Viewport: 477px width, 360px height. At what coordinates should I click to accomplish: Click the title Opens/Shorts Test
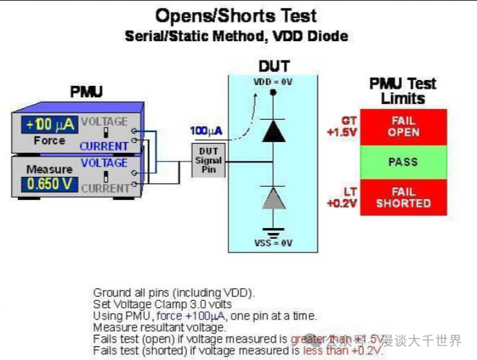point(236,15)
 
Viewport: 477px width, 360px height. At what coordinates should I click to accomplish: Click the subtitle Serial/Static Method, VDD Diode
point(236,35)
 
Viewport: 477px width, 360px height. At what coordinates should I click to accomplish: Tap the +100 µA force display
point(49,124)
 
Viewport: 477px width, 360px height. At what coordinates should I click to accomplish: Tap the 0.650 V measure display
point(49,183)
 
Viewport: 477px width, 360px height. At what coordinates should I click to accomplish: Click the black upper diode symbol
point(273,130)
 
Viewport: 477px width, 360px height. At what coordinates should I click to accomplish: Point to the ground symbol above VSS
point(273,233)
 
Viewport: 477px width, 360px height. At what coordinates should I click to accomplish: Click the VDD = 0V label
point(273,82)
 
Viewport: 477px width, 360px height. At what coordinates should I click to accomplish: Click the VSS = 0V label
point(273,243)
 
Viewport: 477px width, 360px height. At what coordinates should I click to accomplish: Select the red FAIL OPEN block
point(403,126)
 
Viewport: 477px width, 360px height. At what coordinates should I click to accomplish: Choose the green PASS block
point(403,162)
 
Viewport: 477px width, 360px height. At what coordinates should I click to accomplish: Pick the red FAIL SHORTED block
point(403,197)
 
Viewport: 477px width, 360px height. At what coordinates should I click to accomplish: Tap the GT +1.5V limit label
point(341,127)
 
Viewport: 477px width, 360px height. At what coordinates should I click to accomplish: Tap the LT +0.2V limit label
point(341,197)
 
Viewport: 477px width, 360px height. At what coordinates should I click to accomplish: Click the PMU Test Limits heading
point(403,91)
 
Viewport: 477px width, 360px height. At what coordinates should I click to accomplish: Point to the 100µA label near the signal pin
point(206,131)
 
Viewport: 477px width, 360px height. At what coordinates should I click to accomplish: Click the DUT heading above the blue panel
point(273,66)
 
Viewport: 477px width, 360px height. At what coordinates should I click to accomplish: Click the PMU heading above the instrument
point(86,92)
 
